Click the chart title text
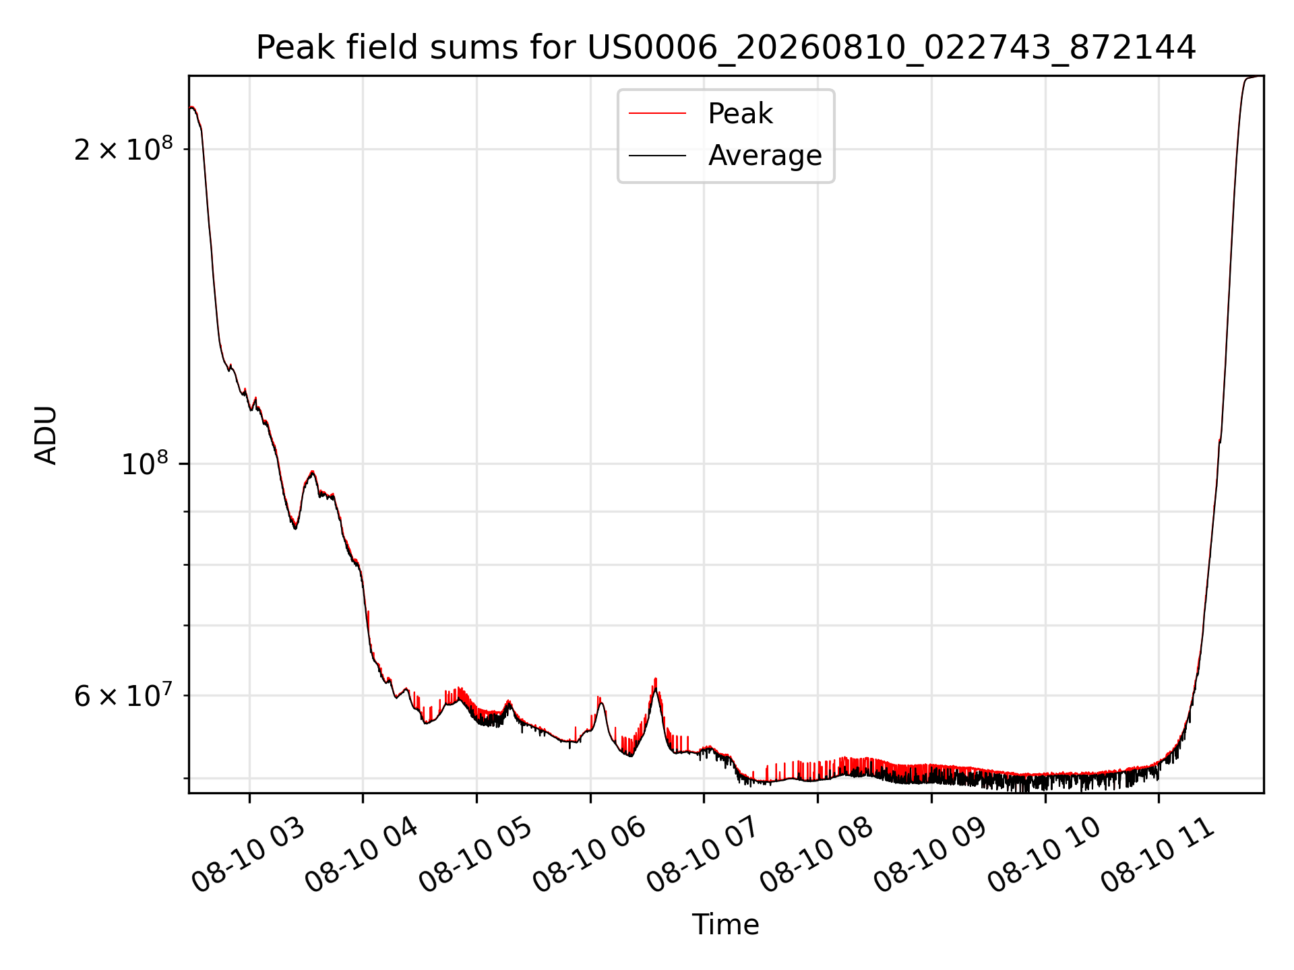pos(726,48)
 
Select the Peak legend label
pos(740,114)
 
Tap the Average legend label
pos(765,156)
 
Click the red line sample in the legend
pos(657,113)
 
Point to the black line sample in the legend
pos(657,156)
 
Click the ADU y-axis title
pos(47,434)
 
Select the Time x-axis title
pos(726,925)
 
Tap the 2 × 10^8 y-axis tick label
pos(123,149)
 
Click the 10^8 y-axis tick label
pos(147,463)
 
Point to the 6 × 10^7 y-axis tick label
pos(123,695)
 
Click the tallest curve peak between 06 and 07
pos(655,679)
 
